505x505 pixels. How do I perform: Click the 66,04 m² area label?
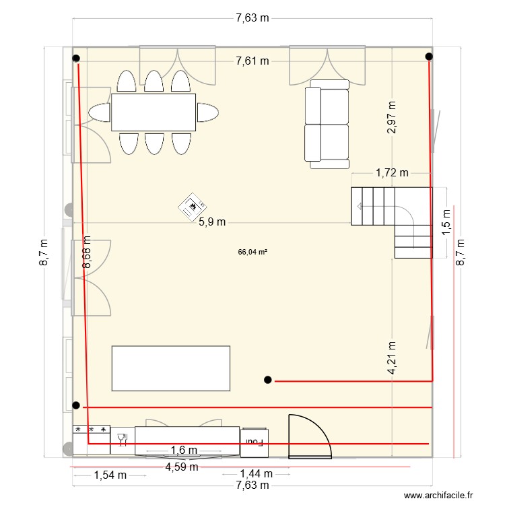point(252,252)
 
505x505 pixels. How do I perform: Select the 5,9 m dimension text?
point(211,222)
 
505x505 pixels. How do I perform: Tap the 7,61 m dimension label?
point(252,61)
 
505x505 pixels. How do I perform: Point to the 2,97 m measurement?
point(392,118)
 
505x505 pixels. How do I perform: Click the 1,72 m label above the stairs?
point(392,172)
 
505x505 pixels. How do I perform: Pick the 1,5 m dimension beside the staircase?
point(446,222)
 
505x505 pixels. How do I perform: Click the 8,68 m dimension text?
point(86,252)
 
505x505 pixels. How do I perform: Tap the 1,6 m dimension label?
point(183,450)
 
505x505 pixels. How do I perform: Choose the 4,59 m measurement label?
point(182,466)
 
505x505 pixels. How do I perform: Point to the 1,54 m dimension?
point(110,475)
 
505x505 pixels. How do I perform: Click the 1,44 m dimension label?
point(256,475)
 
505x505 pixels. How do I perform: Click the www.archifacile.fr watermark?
point(440,495)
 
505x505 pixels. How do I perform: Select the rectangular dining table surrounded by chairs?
point(154,112)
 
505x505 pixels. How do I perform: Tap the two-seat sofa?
point(327,125)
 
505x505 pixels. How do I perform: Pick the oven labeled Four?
point(255,442)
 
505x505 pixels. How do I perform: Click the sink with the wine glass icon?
point(123,439)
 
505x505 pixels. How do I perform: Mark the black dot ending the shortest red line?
point(268,380)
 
